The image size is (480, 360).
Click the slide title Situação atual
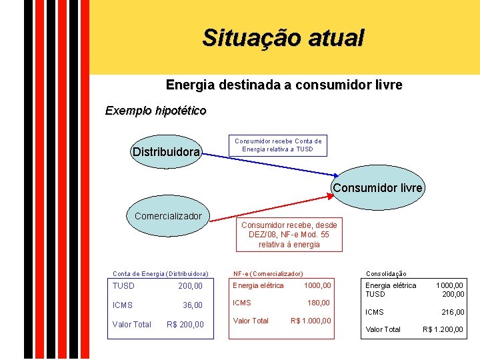coord(283,38)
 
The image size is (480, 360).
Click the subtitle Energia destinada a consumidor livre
coord(283,85)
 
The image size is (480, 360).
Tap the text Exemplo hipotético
coord(155,110)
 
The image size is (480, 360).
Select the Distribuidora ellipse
coord(166,153)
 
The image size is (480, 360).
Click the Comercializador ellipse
coord(168,216)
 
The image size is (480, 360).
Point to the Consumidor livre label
coord(377,188)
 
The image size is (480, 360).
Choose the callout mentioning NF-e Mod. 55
coord(289,235)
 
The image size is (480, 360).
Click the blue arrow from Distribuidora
coord(267,170)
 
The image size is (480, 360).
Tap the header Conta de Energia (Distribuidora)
coord(160,273)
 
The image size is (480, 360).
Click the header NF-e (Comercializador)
coord(267,273)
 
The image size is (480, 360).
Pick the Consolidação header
coord(386,273)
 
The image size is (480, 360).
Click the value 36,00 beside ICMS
coord(193,305)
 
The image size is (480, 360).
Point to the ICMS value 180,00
coord(318,303)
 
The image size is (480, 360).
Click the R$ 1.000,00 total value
coord(311,321)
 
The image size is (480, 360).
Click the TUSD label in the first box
coord(123,286)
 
